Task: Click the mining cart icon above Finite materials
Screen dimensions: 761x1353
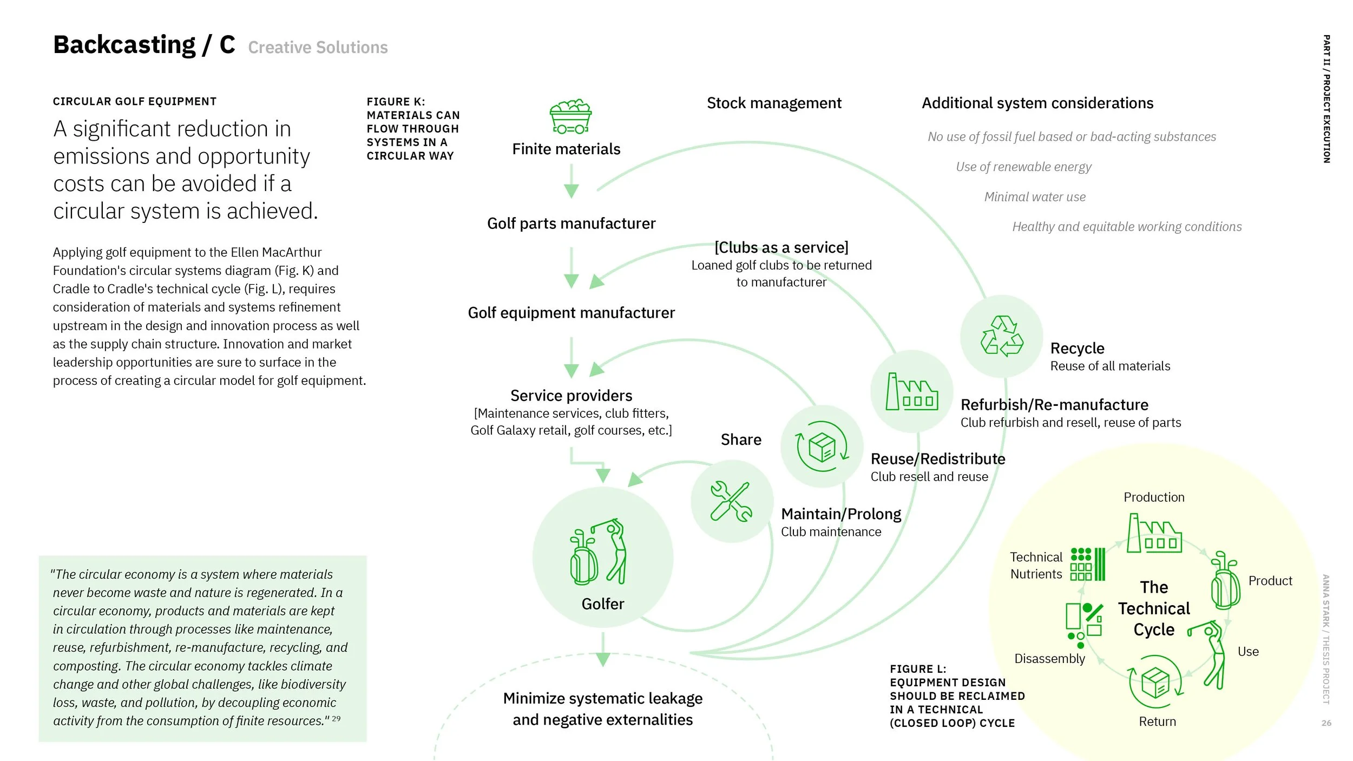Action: (570, 116)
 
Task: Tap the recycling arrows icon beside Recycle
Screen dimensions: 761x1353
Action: (1002, 337)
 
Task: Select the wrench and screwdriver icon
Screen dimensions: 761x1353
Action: (731, 502)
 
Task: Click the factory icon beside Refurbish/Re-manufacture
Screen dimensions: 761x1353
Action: (912, 392)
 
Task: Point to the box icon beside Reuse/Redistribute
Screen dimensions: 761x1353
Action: (822, 447)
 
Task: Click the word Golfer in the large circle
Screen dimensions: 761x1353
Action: (602, 604)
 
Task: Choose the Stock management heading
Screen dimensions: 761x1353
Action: (774, 103)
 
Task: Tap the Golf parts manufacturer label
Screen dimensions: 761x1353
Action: (571, 224)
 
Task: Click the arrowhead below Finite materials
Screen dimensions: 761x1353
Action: (572, 191)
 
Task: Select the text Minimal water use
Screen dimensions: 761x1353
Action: (1035, 197)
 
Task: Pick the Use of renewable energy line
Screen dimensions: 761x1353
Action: (1023, 167)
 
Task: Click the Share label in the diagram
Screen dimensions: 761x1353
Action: (741, 439)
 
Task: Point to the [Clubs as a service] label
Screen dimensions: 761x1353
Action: (781, 248)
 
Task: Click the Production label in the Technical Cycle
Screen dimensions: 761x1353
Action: (1154, 497)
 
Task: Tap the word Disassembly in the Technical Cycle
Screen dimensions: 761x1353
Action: (1049, 659)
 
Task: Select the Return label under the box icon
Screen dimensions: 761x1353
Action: (1157, 721)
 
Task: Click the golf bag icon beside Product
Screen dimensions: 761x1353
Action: (1225, 582)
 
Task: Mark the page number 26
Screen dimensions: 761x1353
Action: (1326, 723)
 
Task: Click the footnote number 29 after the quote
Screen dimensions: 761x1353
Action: (336, 719)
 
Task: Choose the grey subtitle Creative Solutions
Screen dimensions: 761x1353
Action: (318, 48)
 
